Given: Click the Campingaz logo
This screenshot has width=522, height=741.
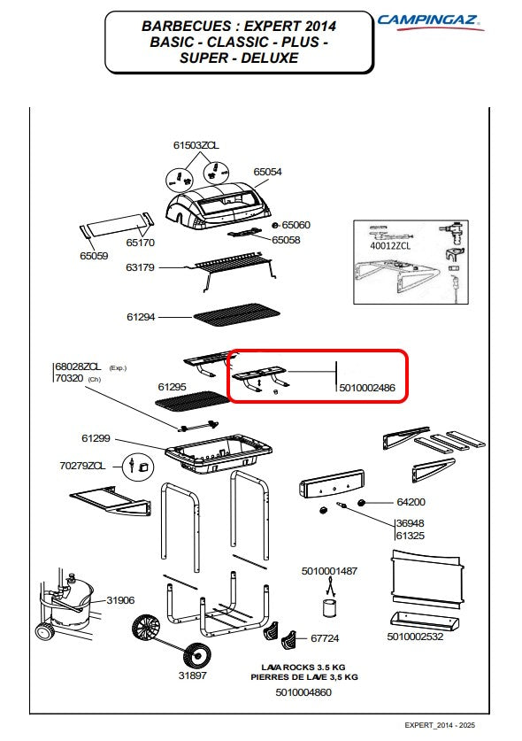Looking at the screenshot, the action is (x=430, y=21).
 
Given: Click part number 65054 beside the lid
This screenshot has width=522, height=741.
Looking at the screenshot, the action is (x=267, y=172).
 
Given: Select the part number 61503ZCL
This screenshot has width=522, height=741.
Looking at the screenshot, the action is (x=196, y=145).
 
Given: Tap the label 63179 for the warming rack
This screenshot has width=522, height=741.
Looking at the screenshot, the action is (x=140, y=267).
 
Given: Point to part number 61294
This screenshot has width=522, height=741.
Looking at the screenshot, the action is (x=141, y=317).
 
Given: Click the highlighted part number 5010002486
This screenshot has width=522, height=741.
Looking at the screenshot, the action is (x=367, y=388).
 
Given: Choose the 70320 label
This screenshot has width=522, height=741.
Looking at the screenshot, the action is (x=69, y=378).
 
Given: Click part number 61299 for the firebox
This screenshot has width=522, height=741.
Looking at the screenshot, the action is (x=96, y=438).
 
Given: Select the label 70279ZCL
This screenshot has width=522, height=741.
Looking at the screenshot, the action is (x=82, y=466).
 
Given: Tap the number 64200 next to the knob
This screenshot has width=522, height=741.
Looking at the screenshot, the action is (x=411, y=502).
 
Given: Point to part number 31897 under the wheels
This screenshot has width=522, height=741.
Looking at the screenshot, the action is (x=192, y=675).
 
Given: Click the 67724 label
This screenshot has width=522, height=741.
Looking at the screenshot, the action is (x=325, y=638).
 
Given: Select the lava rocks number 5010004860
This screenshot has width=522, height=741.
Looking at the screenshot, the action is (x=303, y=692).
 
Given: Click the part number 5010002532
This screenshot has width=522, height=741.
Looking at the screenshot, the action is (x=415, y=637).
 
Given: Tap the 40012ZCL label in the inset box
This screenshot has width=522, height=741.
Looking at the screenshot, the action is (x=390, y=246).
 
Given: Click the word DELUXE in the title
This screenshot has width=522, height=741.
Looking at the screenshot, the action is (x=269, y=58).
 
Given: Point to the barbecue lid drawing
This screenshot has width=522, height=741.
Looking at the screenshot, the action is (x=219, y=206).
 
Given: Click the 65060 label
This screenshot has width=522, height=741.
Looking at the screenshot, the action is (x=296, y=225).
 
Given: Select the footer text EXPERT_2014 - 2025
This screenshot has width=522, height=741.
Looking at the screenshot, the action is (x=440, y=725).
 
